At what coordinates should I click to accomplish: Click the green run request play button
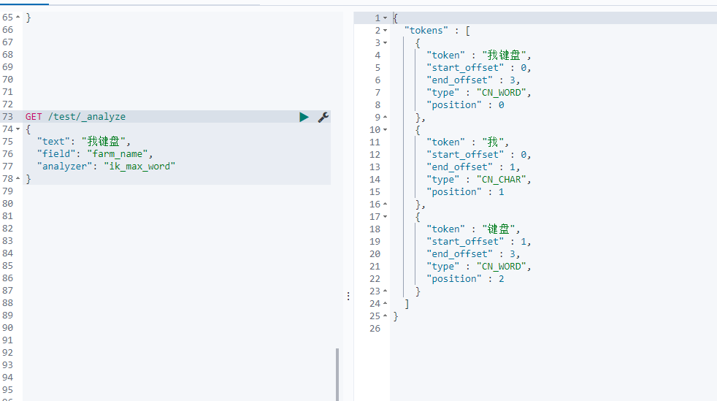[x=304, y=117]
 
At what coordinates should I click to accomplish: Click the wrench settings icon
[x=323, y=117]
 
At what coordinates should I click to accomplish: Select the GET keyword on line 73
[x=34, y=117]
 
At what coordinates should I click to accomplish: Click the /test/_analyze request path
[x=87, y=117]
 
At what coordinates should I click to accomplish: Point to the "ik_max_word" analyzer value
[x=139, y=167]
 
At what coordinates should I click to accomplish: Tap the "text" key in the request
[x=53, y=142]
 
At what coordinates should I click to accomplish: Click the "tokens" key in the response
[x=426, y=31]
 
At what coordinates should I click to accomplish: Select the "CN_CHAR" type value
[x=502, y=180]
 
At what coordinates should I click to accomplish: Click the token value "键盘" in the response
[x=499, y=229]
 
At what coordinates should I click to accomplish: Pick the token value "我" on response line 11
[x=493, y=142]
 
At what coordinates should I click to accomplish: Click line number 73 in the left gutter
[x=8, y=117]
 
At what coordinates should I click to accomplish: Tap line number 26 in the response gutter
[x=375, y=328]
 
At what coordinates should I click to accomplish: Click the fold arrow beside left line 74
[x=18, y=129]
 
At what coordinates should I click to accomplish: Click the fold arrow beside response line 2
[x=385, y=31]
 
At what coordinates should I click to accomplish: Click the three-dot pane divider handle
[x=348, y=297]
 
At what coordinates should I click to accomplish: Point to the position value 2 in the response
[x=501, y=279]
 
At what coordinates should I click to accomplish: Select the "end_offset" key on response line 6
[x=459, y=80]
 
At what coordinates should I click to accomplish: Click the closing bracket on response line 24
[x=407, y=304]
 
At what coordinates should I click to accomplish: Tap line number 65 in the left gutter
[x=8, y=18]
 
